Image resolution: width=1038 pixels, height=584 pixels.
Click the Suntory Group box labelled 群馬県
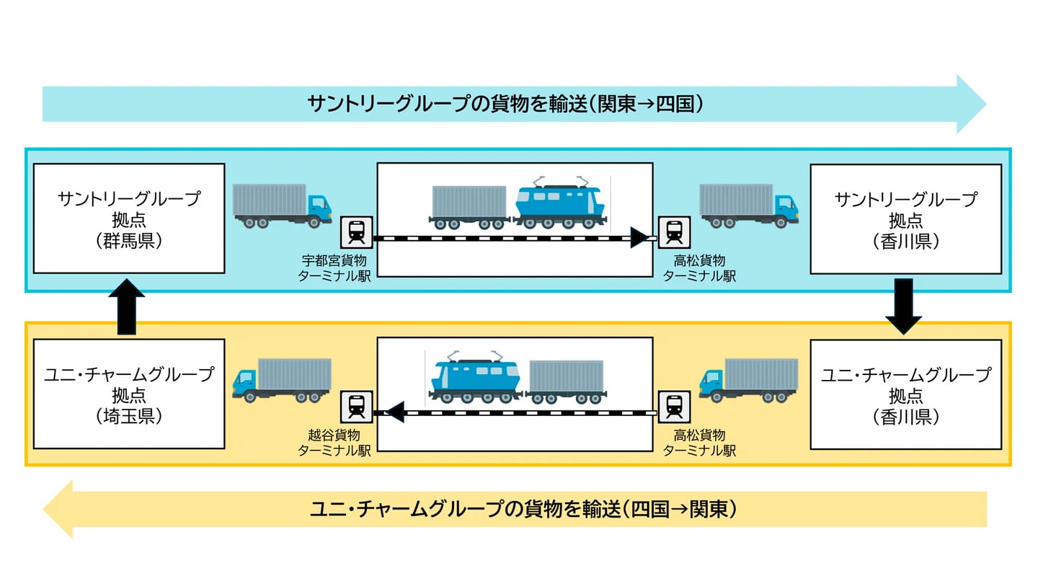click(x=129, y=218)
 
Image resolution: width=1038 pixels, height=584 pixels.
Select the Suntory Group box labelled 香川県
click(x=905, y=218)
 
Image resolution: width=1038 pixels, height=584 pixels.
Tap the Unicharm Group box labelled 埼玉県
click(x=129, y=394)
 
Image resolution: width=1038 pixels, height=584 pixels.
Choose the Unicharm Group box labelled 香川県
click(x=905, y=394)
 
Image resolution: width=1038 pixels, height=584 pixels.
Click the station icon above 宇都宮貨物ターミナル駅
click(x=356, y=231)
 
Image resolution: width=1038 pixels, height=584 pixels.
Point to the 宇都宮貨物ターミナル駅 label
click(x=334, y=267)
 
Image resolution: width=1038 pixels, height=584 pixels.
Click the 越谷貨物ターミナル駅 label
click(x=334, y=443)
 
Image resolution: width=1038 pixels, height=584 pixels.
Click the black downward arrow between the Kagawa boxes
click(x=903, y=306)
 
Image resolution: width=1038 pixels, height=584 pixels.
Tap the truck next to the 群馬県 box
click(x=282, y=205)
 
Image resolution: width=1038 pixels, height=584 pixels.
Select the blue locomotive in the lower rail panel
click(x=475, y=378)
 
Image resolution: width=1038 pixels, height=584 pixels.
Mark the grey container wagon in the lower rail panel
click(x=566, y=380)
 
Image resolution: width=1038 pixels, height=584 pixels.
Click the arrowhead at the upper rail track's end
click(x=639, y=237)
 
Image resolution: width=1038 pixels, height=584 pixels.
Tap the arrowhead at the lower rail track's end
click(x=394, y=412)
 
